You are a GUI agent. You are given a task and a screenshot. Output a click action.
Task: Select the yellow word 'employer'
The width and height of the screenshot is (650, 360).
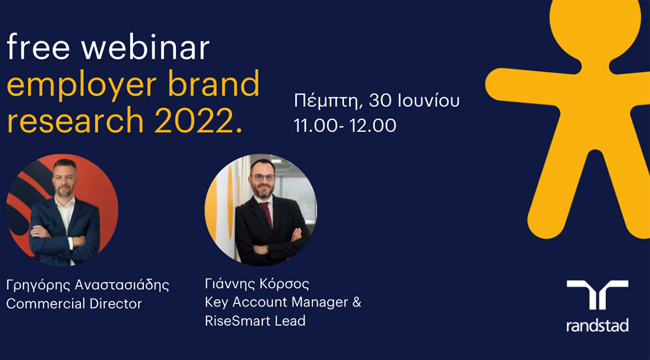pos(82,86)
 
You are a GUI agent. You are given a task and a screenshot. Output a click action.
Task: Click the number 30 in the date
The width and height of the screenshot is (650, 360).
pos(379,101)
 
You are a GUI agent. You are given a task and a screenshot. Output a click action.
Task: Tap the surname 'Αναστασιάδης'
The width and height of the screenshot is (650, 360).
pos(122,286)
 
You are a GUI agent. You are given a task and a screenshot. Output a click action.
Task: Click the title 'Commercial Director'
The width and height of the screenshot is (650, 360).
pos(74,304)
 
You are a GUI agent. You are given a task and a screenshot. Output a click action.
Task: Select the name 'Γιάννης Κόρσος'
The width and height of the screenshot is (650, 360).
pos(257,284)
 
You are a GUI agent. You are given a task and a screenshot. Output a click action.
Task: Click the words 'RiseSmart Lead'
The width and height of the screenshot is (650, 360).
pos(255,320)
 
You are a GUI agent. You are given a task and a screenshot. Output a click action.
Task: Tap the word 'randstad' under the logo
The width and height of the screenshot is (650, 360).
pos(597,325)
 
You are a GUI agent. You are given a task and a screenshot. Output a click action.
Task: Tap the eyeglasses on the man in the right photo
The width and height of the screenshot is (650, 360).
pos(263,178)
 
